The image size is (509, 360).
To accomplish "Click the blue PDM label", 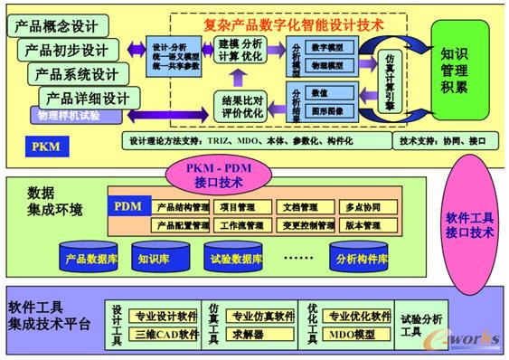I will pos(127,206).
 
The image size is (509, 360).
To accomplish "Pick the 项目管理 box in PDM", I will pos(238,207).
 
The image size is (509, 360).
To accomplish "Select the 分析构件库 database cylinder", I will pos(359,257).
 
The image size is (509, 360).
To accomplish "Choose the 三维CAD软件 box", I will pos(166,334).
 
